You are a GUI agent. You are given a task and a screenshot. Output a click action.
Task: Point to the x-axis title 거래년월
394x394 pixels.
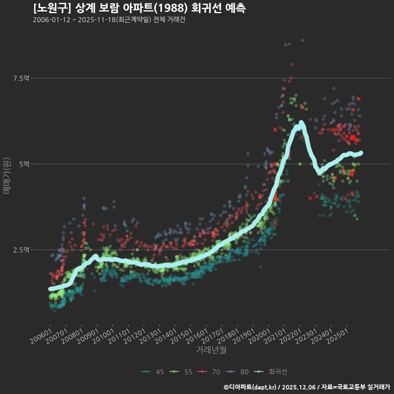click(x=211, y=350)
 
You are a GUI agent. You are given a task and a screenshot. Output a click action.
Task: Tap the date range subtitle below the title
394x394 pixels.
click(x=109, y=20)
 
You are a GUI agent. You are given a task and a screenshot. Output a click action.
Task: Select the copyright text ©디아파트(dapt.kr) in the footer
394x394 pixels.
click(x=250, y=387)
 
